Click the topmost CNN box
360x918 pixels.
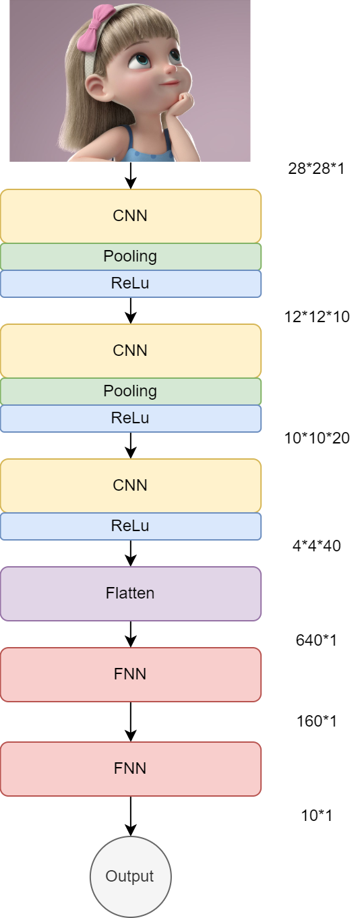(x=130, y=216)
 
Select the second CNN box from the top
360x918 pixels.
(x=130, y=350)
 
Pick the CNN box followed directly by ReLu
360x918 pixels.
(x=130, y=485)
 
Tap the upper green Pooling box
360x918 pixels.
(x=130, y=256)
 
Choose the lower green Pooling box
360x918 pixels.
(x=130, y=391)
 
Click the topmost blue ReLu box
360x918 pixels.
(x=130, y=284)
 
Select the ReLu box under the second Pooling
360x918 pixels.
(x=130, y=419)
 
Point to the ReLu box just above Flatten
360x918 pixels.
(x=130, y=526)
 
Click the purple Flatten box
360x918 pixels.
(x=130, y=593)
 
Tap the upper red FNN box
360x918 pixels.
(x=130, y=674)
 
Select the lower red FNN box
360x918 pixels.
(x=130, y=768)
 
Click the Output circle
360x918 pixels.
(x=130, y=876)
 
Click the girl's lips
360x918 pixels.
(x=171, y=84)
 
